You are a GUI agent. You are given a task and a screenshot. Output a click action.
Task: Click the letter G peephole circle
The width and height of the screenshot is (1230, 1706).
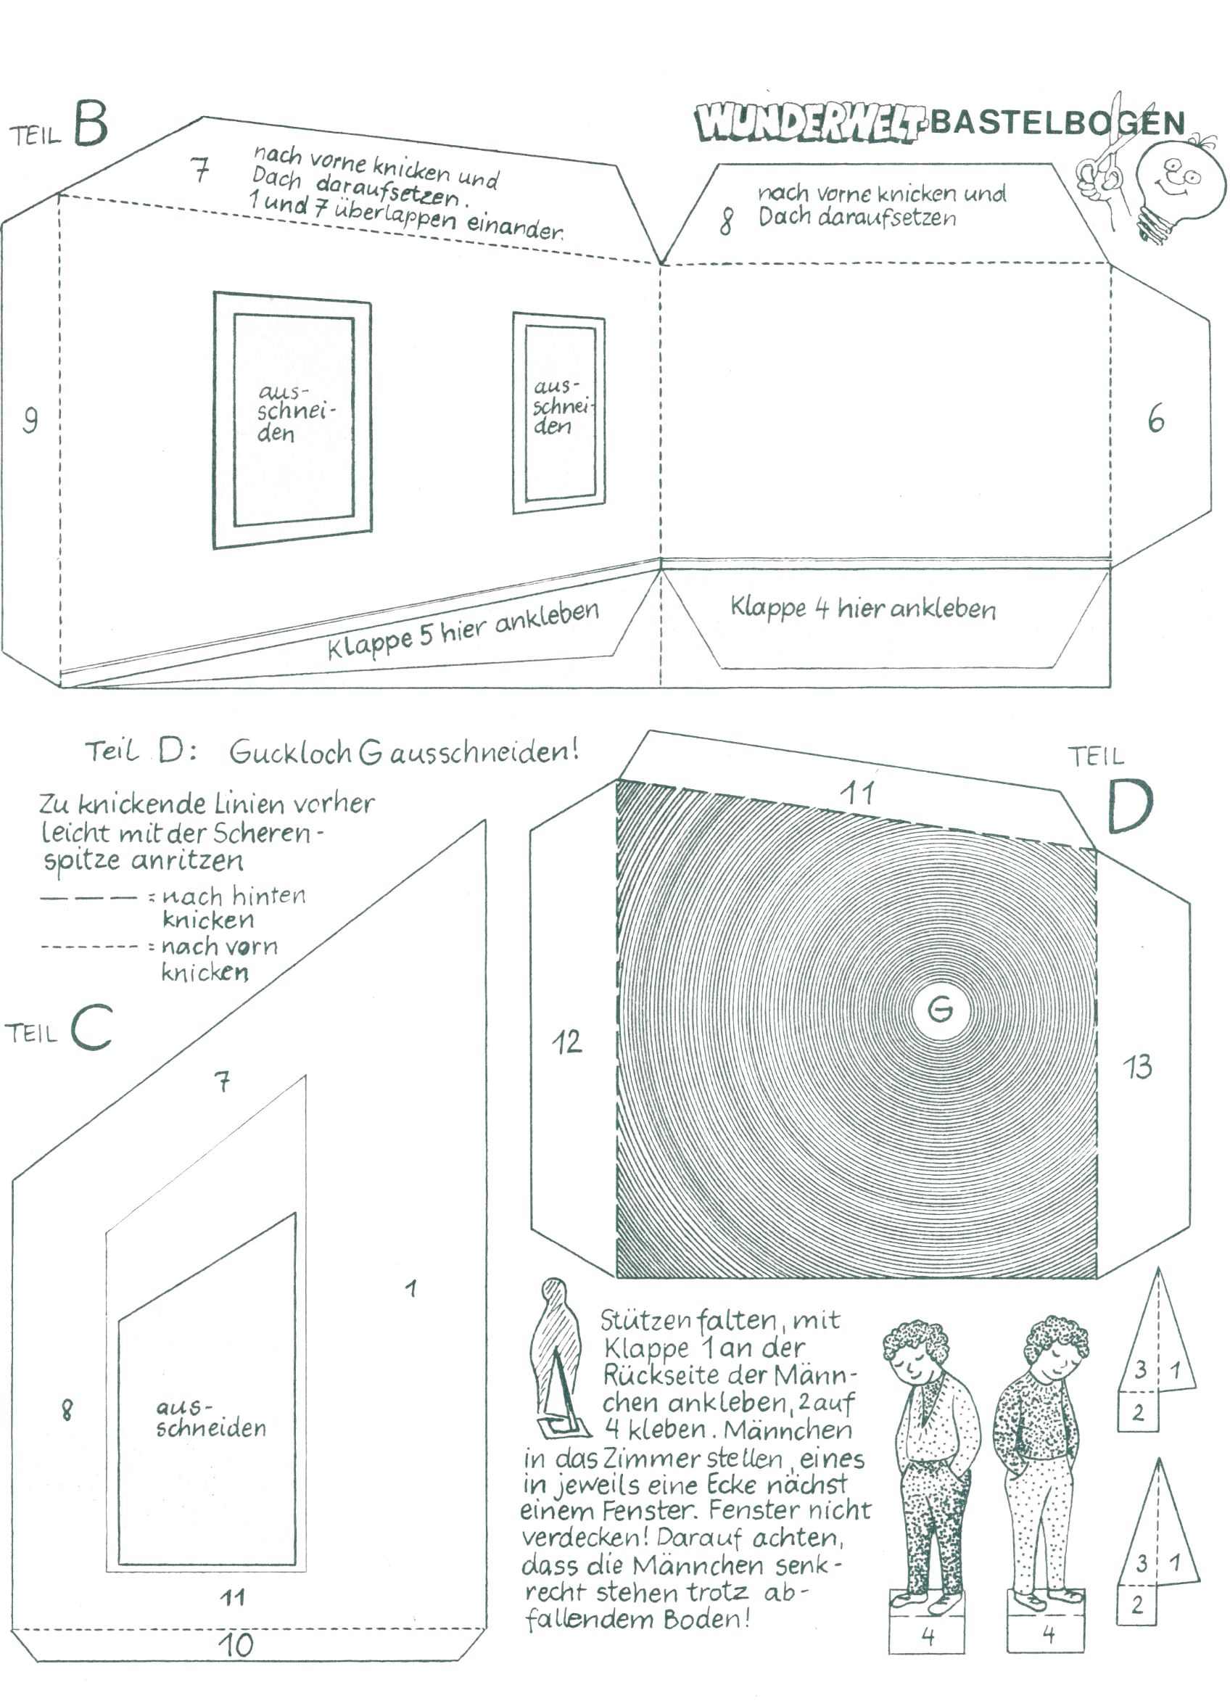940,1009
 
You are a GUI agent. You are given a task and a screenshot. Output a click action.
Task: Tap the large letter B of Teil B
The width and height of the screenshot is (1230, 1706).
91,125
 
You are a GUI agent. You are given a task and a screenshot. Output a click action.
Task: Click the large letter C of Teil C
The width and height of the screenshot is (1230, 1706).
92,1028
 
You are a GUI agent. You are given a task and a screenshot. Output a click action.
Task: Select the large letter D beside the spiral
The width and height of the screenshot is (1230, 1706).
1129,807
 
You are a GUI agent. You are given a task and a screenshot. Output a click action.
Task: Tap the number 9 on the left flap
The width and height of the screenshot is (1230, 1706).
30,420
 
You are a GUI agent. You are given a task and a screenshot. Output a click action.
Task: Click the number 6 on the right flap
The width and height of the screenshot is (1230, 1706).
1156,419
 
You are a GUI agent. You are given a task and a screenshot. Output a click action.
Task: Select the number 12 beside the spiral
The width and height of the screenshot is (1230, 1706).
566,1042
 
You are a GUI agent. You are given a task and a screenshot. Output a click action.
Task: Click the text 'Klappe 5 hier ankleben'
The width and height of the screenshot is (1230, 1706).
463,630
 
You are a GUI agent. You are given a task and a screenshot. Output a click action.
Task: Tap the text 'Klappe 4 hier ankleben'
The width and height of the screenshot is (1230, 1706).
863,608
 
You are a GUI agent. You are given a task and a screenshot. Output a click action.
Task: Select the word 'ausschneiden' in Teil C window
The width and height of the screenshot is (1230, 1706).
210,1418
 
